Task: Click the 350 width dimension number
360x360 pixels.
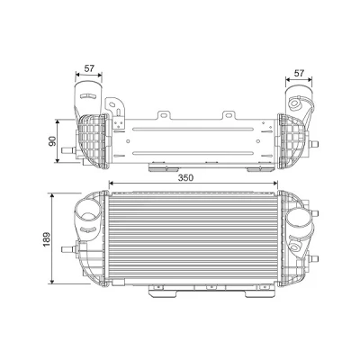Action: pos(185,177)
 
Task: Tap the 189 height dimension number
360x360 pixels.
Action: pos(47,239)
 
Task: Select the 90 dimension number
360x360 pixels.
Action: pos(52,141)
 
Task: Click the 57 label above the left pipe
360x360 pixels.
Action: pos(89,68)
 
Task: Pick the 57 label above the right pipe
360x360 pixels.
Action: pos(299,73)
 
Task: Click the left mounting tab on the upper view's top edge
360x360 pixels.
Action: pos(164,115)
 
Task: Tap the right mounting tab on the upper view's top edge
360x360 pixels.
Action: pos(229,115)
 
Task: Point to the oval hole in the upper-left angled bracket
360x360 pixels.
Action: pos(112,104)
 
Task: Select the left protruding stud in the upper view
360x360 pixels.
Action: pos(68,150)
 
